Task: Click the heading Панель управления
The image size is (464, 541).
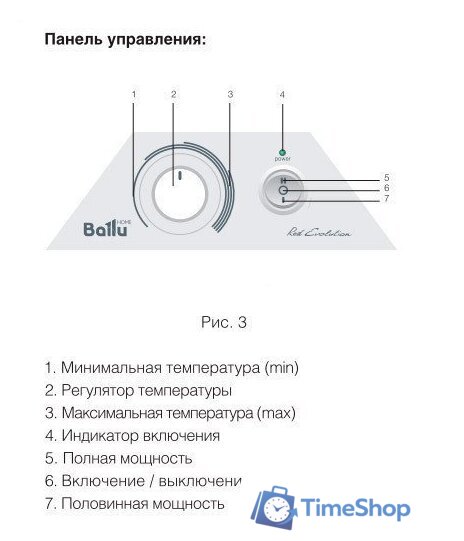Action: click(x=126, y=42)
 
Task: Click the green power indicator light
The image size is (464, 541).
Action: click(x=283, y=147)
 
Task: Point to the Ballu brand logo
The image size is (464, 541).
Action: click(x=105, y=229)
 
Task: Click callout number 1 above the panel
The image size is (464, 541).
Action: click(x=133, y=94)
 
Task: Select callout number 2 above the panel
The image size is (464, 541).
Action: click(x=173, y=94)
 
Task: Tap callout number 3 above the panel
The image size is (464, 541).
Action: click(x=230, y=94)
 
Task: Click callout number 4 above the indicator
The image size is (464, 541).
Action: click(x=283, y=94)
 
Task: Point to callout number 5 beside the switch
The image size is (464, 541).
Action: click(x=386, y=178)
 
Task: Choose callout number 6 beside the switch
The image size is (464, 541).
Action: click(x=386, y=188)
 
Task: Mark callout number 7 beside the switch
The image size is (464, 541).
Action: click(x=386, y=199)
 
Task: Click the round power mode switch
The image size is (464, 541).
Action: click(x=283, y=190)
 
